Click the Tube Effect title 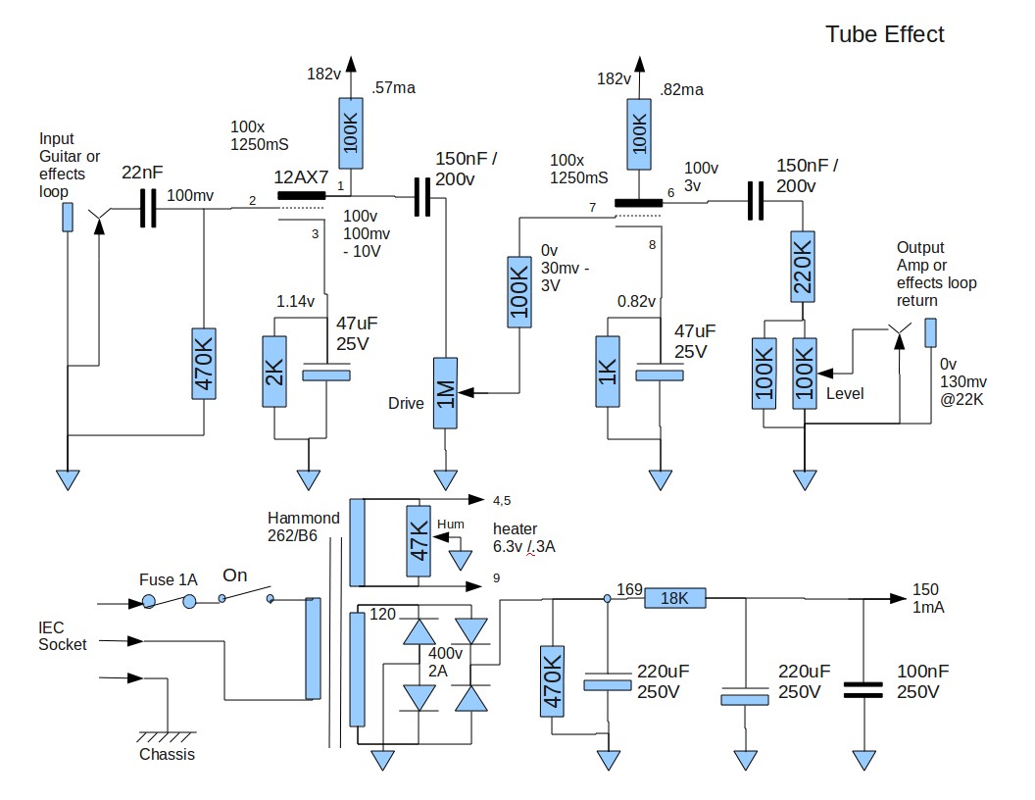[884, 34]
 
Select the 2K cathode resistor [274, 371]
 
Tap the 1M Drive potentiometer [446, 393]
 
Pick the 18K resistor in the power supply [675, 598]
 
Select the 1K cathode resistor [608, 371]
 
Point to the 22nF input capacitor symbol [148, 209]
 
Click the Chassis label [167, 754]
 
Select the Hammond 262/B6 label [304, 526]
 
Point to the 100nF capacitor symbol [863, 687]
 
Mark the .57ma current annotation [393, 89]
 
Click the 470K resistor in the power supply [553, 681]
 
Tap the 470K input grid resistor [203, 364]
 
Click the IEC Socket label [63, 636]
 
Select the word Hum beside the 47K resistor [451, 525]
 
